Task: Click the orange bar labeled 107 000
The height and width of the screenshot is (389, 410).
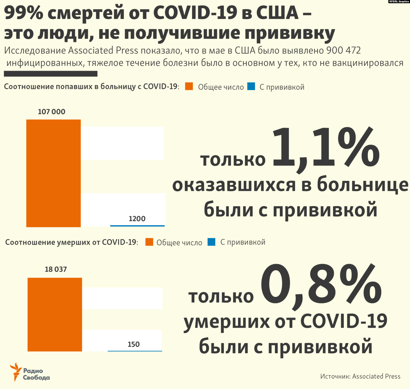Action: click(x=53, y=173)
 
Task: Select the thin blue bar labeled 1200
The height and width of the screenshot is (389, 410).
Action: click(x=137, y=226)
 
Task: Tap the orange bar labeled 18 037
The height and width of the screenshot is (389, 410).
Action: click(x=55, y=314)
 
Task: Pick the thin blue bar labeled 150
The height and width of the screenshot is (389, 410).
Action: click(x=135, y=351)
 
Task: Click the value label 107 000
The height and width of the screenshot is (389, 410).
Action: click(x=51, y=112)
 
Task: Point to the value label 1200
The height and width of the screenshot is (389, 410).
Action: click(x=137, y=219)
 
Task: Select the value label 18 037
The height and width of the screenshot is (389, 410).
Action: click(x=56, y=269)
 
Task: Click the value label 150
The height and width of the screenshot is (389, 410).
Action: click(x=134, y=344)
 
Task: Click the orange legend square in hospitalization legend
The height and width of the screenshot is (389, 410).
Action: click(x=189, y=86)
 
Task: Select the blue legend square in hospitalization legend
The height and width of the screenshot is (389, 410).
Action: click(x=251, y=86)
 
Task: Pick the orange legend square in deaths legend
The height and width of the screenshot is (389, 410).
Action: click(x=149, y=242)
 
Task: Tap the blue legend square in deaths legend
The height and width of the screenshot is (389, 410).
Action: click(x=211, y=242)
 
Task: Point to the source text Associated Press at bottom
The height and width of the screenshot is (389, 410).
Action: click(x=376, y=376)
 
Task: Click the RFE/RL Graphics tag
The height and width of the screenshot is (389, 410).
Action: click(x=399, y=2)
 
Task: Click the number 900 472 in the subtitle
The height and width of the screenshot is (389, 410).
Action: click(x=344, y=50)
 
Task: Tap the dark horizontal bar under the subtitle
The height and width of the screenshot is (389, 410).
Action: click(x=51, y=74)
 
